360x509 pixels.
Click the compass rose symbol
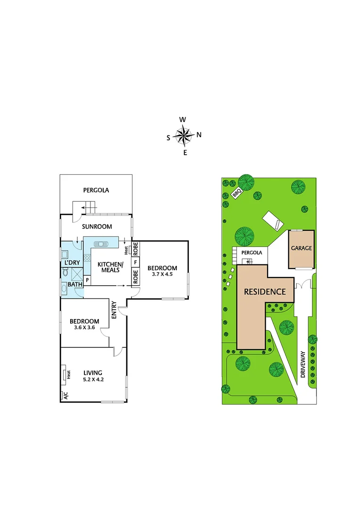(x=183, y=136)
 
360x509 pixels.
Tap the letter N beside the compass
(x=199, y=135)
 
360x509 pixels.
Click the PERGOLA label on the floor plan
(x=96, y=190)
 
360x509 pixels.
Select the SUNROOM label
(x=97, y=227)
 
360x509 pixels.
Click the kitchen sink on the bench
(x=100, y=244)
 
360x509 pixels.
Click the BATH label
(x=75, y=284)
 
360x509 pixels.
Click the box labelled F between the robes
(x=135, y=262)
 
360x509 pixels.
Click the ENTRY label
(x=114, y=311)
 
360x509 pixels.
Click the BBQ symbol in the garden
(x=237, y=194)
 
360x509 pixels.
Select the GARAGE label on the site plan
(x=301, y=248)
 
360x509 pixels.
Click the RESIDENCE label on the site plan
(x=264, y=292)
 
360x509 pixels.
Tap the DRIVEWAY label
(x=303, y=365)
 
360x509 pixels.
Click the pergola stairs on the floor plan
(x=88, y=206)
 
